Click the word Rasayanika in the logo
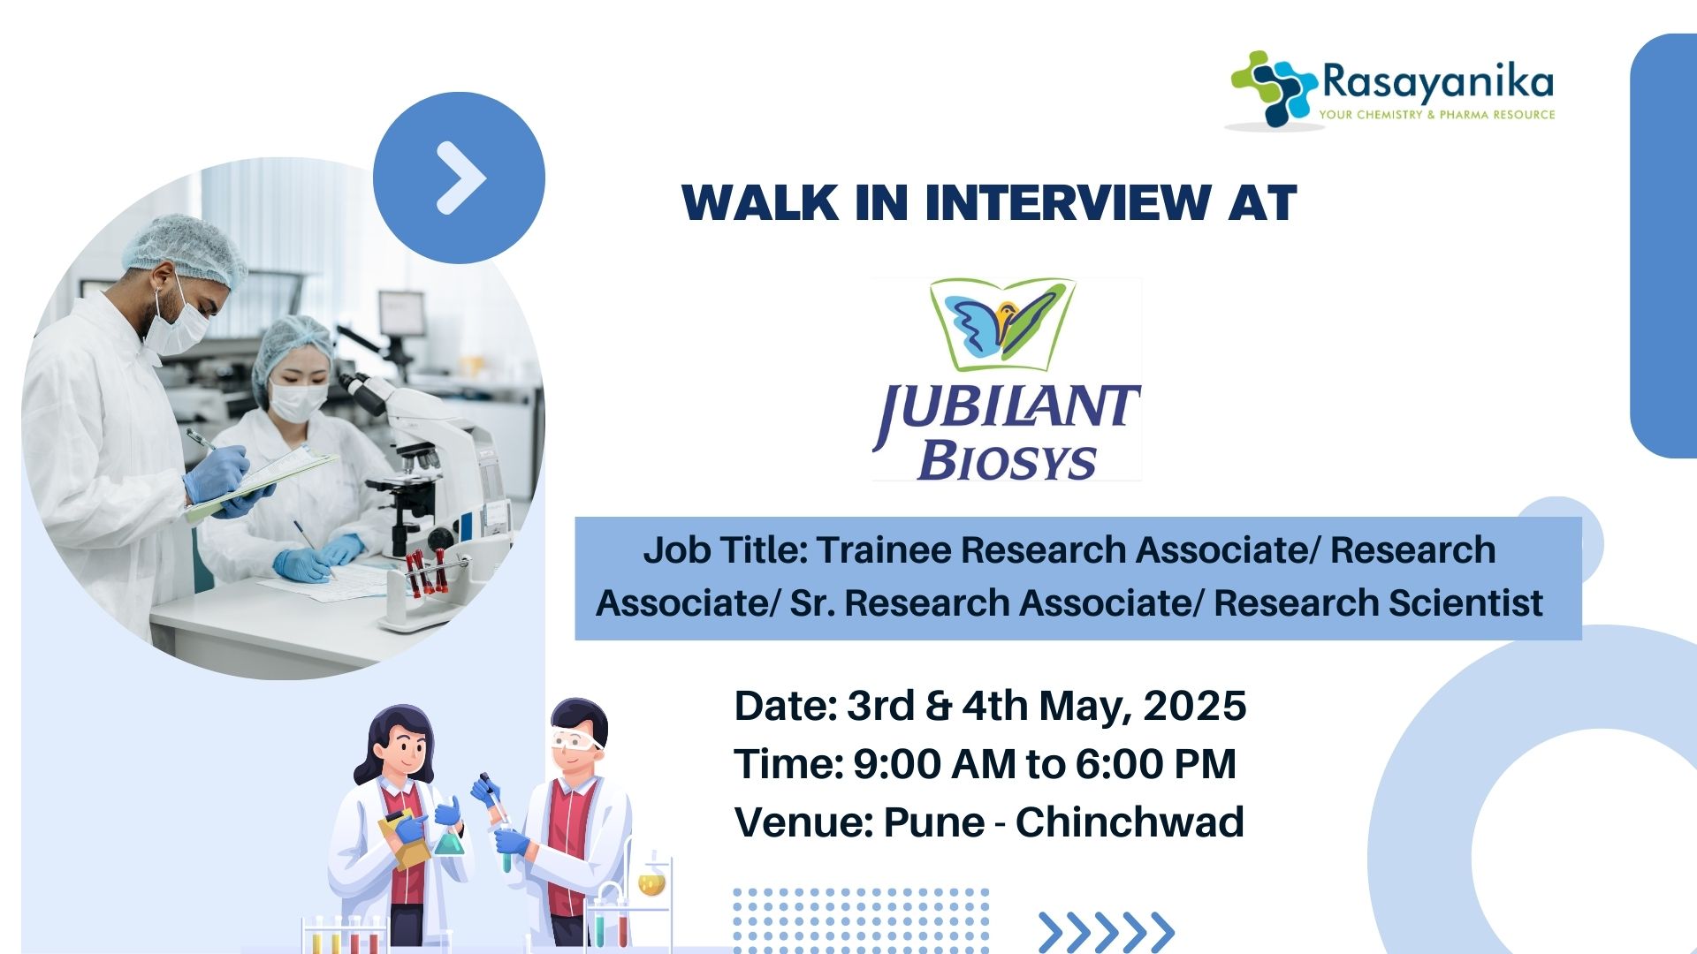1438,82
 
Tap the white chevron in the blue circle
462,178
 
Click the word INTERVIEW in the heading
1068,202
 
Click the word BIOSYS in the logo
1007,460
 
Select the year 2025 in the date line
1194,706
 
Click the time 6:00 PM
1155,764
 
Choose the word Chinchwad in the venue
1130,822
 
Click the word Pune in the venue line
933,822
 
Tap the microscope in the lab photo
424,477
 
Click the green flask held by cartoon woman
448,840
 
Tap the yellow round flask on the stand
651,882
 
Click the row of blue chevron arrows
1107,933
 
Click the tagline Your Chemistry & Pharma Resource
1437,115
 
